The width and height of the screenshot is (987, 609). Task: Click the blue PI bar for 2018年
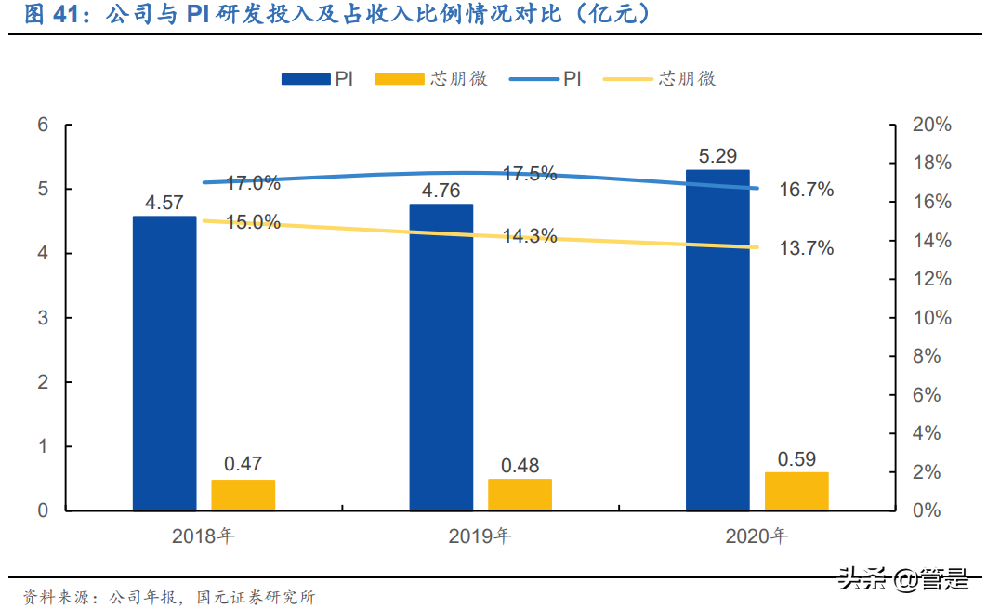point(164,364)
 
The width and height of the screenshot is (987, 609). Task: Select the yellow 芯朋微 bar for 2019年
point(520,495)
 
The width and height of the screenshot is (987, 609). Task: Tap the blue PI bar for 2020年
point(717,340)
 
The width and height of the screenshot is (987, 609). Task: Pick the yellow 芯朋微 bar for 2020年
point(796,491)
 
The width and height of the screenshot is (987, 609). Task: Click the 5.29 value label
point(717,156)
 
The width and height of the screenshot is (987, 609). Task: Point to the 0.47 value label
point(243,464)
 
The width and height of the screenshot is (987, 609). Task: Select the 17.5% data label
point(529,174)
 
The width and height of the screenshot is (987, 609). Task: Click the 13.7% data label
point(806,248)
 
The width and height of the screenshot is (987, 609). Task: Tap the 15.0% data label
point(253,221)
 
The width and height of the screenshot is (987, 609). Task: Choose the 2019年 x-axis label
point(480,536)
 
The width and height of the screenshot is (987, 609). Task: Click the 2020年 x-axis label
point(757,536)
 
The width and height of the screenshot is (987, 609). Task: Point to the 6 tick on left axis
point(42,126)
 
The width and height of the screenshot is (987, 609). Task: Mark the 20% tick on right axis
point(932,125)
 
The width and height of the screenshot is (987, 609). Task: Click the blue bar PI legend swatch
point(306,80)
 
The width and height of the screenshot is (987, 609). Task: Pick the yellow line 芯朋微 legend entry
point(659,80)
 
